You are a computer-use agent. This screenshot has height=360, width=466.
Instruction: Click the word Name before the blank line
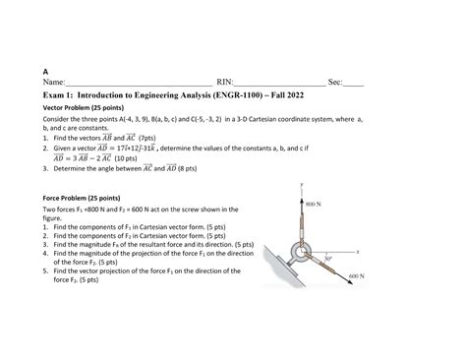point(53,85)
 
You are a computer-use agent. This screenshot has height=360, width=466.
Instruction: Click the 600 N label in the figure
point(356,277)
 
